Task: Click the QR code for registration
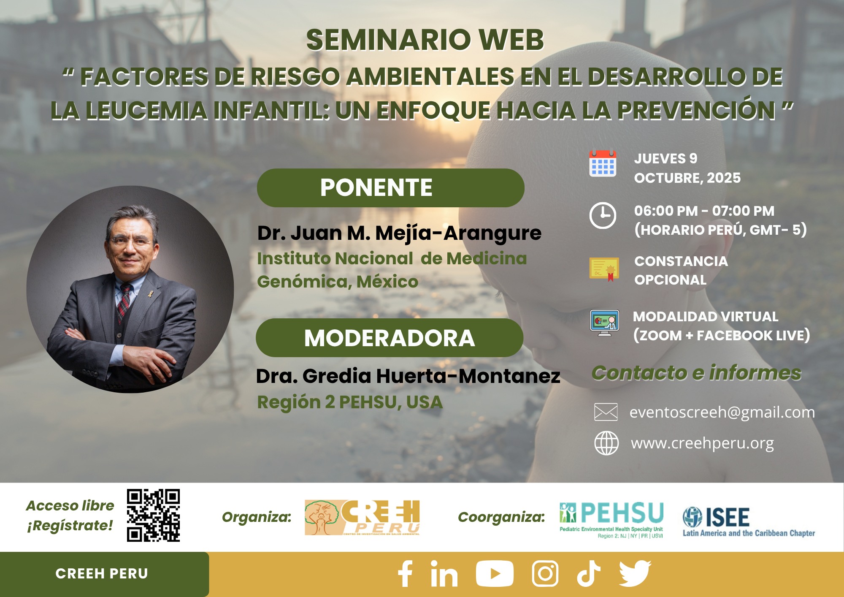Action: tap(153, 515)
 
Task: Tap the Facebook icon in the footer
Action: tap(405, 574)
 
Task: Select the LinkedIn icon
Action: tap(444, 574)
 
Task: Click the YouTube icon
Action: tap(495, 574)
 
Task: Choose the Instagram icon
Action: tap(545, 574)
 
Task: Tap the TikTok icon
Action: tap(588, 574)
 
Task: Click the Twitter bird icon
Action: tap(635, 574)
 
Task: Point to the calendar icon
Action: tap(603, 163)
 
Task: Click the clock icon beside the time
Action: tap(603, 216)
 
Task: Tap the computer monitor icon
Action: tap(605, 323)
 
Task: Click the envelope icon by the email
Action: tap(606, 412)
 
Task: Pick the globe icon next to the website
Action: tap(606, 443)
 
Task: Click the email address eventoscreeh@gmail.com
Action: tap(722, 412)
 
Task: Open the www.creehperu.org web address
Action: tap(702, 443)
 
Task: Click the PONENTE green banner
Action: tap(390, 188)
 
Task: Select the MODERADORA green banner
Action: tap(390, 338)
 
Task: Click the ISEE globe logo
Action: tap(693, 517)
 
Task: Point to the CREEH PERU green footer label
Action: tap(102, 574)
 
